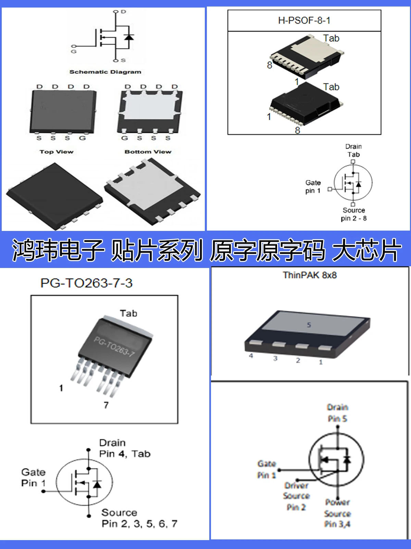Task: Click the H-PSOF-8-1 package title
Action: pyautogui.click(x=304, y=21)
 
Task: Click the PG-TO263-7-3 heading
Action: pyautogui.click(x=86, y=283)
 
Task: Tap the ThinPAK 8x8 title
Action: pyautogui.click(x=310, y=275)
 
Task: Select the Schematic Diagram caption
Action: pyautogui.click(x=105, y=72)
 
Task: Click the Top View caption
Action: pyautogui.click(x=57, y=152)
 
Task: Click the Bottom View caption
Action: pyautogui.click(x=148, y=152)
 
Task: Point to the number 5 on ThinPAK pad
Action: pyautogui.click(x=309, y=325)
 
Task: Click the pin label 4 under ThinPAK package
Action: pyautogui.click(x=251, y=356)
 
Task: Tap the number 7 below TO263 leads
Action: pyautogui.click(x=106, y=405)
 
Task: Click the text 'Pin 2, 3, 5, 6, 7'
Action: pyautogui.click(x=139, y=524)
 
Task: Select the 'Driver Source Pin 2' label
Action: pyautogui.click(x=296, y=496)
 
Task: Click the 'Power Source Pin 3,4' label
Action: pyautogui.click(x=337, y=513)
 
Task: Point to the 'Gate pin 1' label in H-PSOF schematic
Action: pyautogui.click(x=313, y=187)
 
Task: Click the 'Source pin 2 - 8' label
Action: pyautogui.click(x=354, y=214)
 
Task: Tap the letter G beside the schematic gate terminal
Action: pyautogui.click(x=74, y=51)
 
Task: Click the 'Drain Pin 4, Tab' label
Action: pyautogui.click(x=125, y=448)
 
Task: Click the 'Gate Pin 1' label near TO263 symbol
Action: pyautogui.click(x=33, y=478)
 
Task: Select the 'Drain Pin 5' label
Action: pyautogui.click(x=337, y=413)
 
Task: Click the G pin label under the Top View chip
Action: pyautogui.click(x=82, y=138)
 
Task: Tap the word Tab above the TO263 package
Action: pyautogui.click(x=128, y=313)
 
